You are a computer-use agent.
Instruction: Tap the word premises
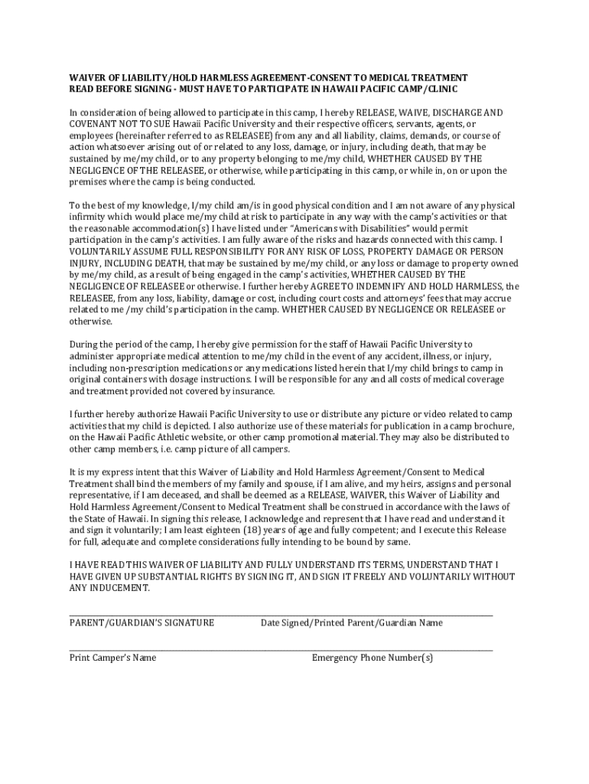point(91,182)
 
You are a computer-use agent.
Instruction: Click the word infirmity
point(89,217)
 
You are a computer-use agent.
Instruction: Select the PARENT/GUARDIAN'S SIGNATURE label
point(142,622)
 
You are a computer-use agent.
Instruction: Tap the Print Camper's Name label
point(112,658)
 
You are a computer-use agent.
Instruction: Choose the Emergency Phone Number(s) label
point(372,658)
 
